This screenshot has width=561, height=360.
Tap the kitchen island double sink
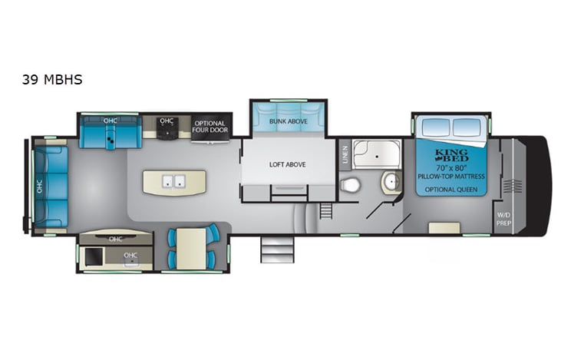[173, 182]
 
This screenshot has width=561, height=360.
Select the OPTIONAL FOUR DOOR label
[209, 127]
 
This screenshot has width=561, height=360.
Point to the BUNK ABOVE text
[288, 121]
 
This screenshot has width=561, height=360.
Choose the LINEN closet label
[345, 154]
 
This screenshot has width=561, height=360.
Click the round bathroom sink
[389, 182]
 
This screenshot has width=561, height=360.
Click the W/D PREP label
[503, 217]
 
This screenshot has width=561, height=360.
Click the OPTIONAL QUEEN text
[451, 189]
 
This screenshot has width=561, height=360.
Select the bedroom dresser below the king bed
[444, 228]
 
